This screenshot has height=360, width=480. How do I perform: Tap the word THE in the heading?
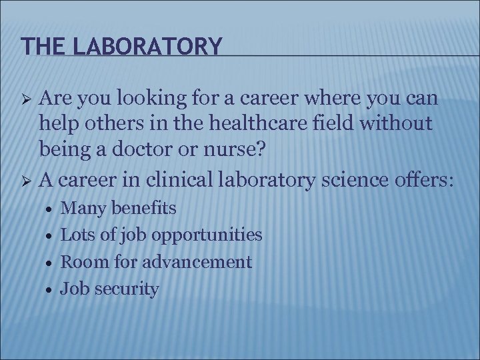coord(38,46)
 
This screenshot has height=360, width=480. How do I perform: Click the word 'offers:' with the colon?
coord(425,179)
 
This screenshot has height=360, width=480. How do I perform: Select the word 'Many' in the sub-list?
coord(80,209)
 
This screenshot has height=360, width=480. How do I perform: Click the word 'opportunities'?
coord(207,235)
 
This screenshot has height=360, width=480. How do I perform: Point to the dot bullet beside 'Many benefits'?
coord(47,209)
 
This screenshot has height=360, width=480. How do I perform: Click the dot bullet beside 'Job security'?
coord(47,289)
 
